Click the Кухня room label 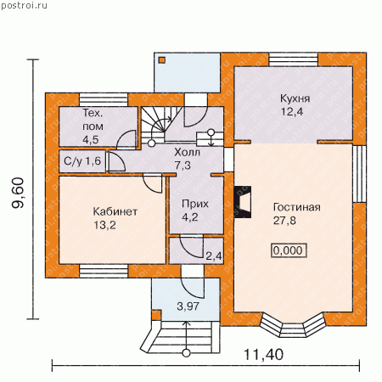click(295, 98)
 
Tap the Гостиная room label click(297, 207)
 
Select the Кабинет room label click(115, 211)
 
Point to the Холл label click(188, 152)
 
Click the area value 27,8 click(284, 221)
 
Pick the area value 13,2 click(104, 225)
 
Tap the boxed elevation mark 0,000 click(289, 250)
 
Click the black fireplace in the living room click(243, 202)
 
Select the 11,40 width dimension click(263, 354)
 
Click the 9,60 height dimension click(18, 193)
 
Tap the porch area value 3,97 click(188, 306)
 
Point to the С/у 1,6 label click(82, 161)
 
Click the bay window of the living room click(292, 325)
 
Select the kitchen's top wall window click(294, 59)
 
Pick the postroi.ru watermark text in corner click(24, 5)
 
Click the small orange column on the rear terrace click(162, 60)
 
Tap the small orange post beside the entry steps click(156, 315)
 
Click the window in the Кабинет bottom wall click(104, 271)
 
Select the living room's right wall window click(360, 174)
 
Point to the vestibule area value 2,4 click(214, 256)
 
